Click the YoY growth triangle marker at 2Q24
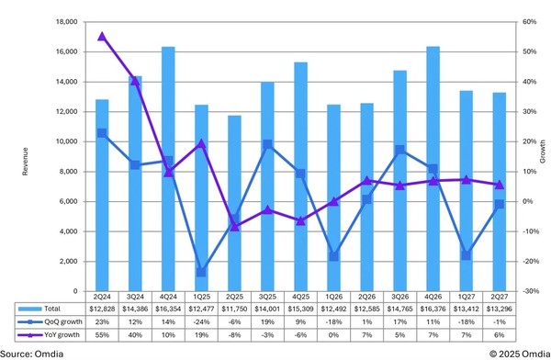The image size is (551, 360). coord(102,37)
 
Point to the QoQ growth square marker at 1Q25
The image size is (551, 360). coord(201,272)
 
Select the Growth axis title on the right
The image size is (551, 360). coord(543,156)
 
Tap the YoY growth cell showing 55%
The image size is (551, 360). coord(102,335)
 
